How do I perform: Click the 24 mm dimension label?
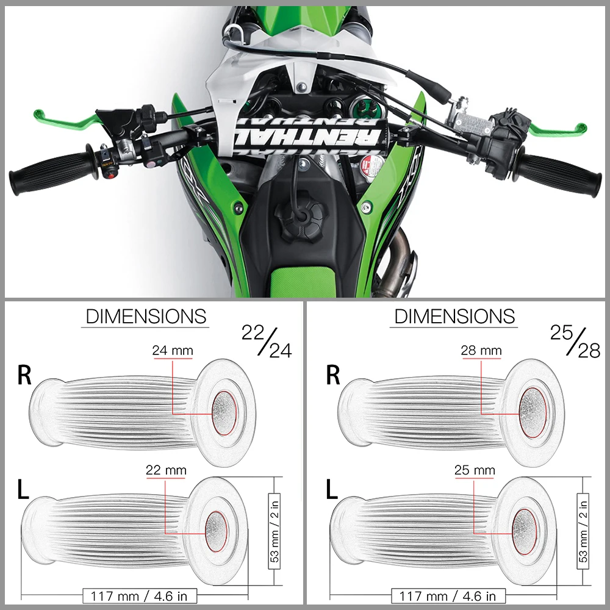point(173,351)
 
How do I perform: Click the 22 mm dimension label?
point(166,470)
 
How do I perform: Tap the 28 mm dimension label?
point(481,351)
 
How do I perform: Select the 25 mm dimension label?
point(475,470)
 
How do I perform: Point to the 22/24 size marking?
point(267,342)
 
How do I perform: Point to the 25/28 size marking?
point(575,342)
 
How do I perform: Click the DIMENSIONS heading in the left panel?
point(146,317)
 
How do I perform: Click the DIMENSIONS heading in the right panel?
point(454,317)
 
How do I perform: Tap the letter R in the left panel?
point(24,375)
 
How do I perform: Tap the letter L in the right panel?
point(332,490)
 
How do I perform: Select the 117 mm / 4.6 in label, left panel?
point(140,595)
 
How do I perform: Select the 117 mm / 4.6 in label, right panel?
point(448,595)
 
